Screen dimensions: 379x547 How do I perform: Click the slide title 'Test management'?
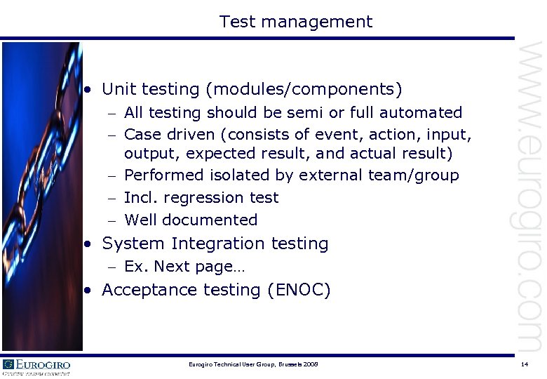(x=295, y=22)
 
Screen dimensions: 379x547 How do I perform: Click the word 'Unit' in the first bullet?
(x=119, y=90)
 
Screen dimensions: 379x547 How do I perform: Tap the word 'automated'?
(x=423, y=113)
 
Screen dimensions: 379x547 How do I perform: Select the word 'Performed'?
(x=163, y=175)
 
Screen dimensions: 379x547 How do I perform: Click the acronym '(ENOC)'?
(x=299, y=290)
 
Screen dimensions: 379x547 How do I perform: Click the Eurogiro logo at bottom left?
(x=36, y=366)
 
